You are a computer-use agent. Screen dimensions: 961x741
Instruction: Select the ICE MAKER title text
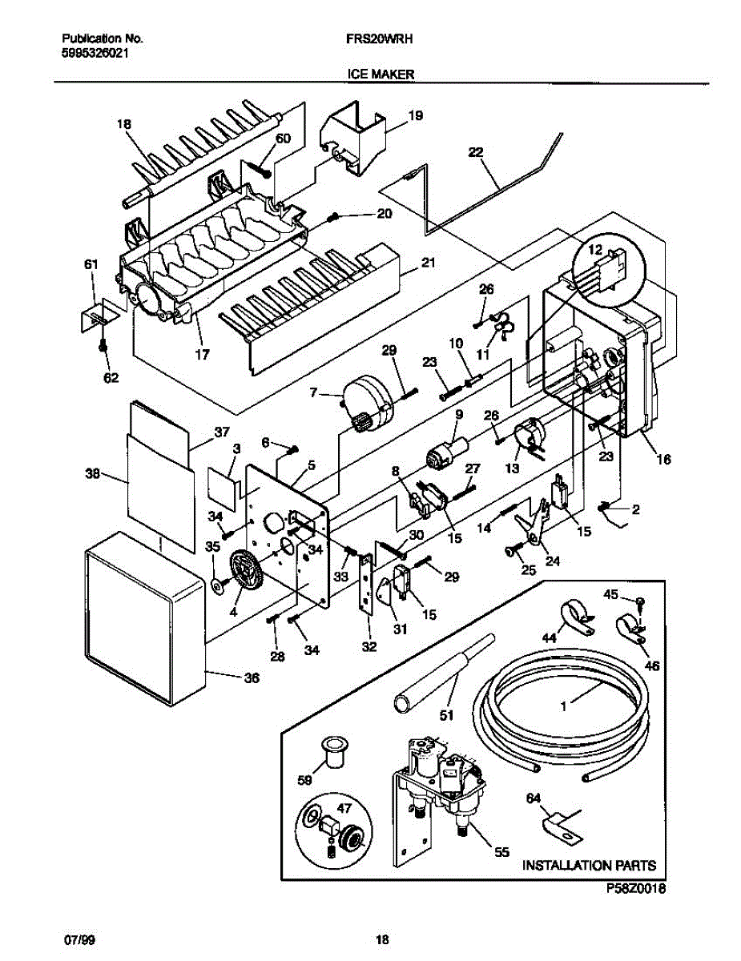[381, 74]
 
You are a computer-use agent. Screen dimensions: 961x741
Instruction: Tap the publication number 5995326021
[92, 54]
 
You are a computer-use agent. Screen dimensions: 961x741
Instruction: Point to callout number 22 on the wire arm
[477, 152]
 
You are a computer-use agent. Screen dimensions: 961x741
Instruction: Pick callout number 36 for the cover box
[251, 678]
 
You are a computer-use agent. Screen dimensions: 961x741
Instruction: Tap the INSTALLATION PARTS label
[589, 866]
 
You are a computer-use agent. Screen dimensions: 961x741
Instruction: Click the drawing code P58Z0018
[637, 889]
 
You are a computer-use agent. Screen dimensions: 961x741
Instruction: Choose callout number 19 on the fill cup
[415, 115]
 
